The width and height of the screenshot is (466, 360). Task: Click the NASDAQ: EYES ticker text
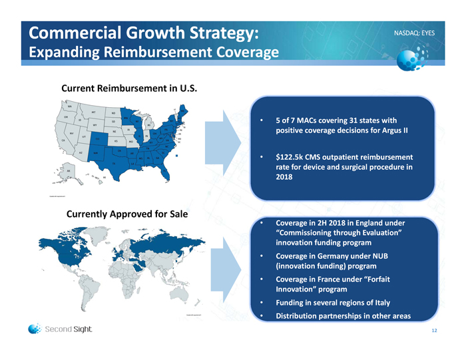click(414, 32)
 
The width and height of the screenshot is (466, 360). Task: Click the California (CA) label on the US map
click(63, 140)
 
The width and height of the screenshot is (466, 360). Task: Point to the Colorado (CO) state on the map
click(98, 138)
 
